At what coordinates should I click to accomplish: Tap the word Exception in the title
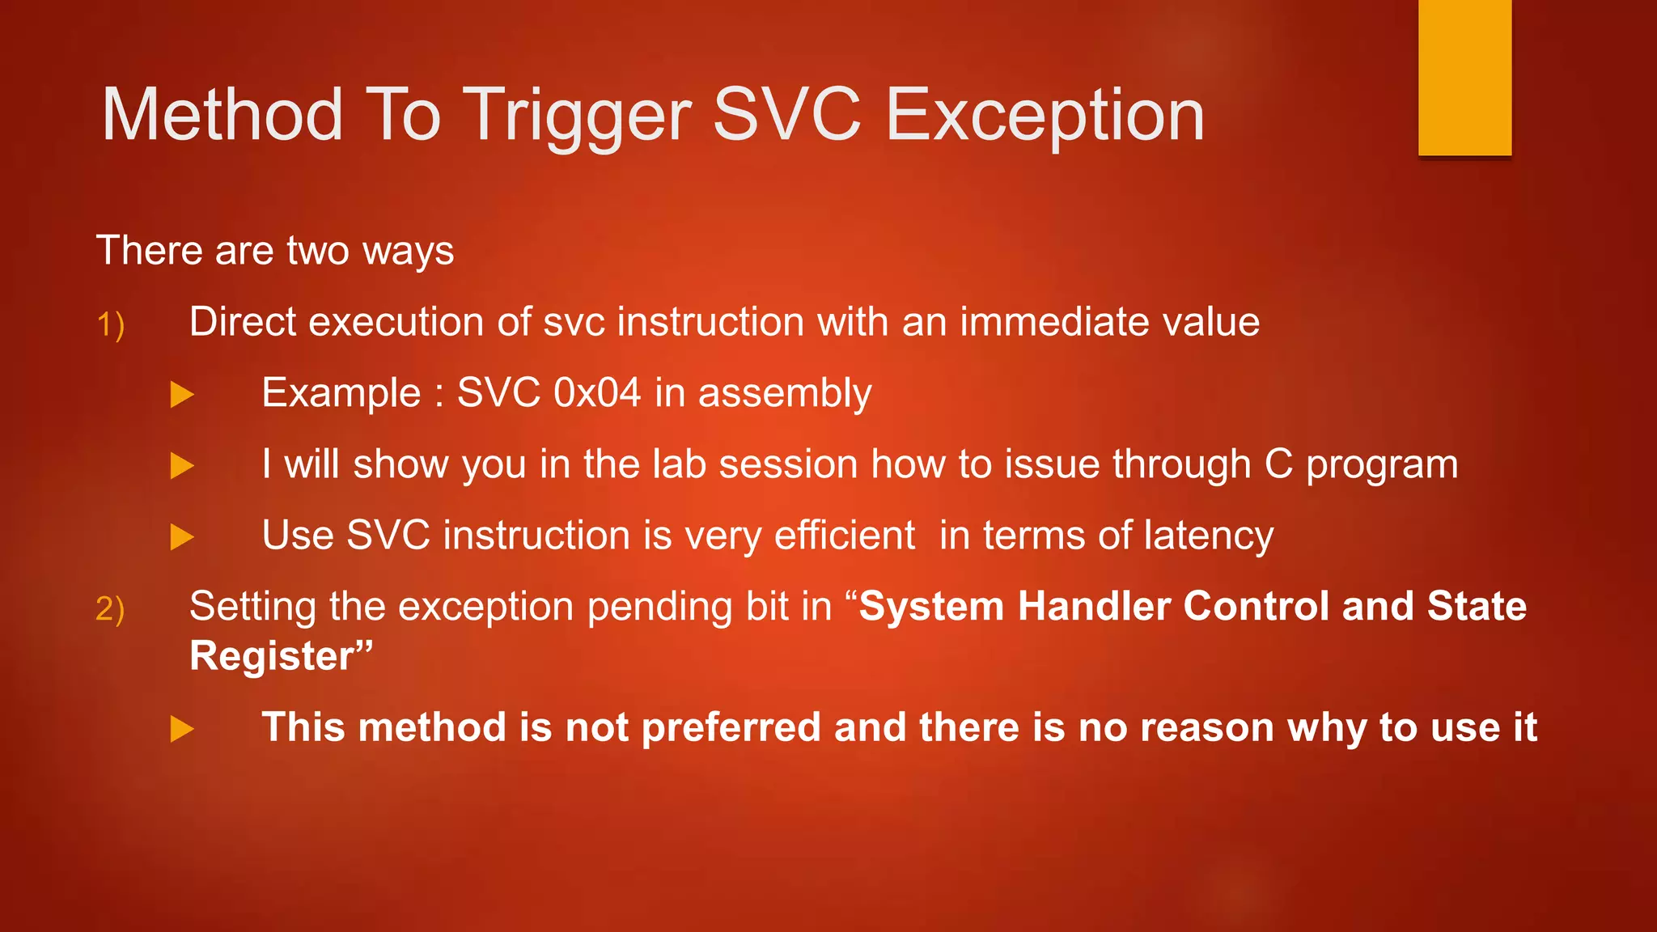click(x=1045, y=117)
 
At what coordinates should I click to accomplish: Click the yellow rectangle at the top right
click(x=1464, y=78)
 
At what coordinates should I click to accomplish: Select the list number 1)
click(x=110, y=325)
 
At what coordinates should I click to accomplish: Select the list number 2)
click(x=110, y=609)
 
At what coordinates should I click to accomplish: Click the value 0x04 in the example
click(x=597, y=393)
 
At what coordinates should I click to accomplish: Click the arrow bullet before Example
click(x=182, y=395)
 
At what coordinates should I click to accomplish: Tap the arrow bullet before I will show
click(x=182, y=466)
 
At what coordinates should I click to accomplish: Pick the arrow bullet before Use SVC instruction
click(x=182, y=537)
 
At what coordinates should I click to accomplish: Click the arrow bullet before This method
click(x=182, y=729)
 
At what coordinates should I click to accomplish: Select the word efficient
click(x=844, y=536)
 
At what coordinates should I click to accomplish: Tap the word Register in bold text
click(x=273, y=656)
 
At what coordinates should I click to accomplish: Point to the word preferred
click(x=731, y=728)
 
